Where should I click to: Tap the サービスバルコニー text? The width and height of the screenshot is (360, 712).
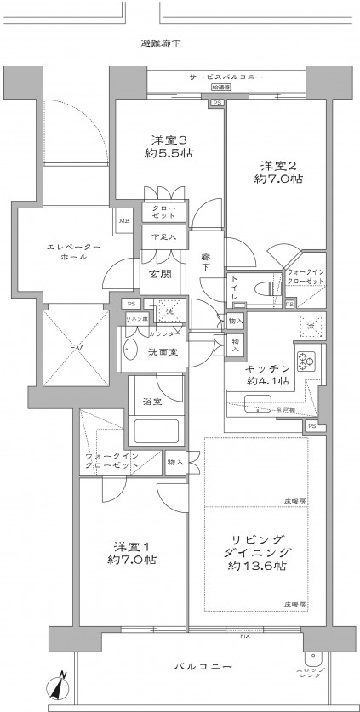pos(226,77)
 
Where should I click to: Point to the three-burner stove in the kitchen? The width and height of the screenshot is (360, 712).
pos(306,362)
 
